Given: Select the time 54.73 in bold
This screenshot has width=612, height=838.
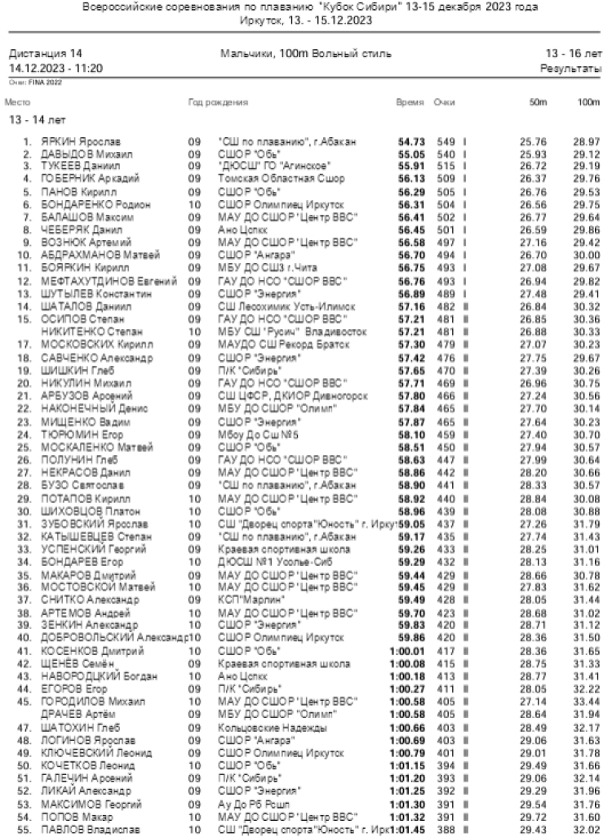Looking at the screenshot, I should pos(411,142).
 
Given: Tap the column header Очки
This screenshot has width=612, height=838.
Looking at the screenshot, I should pos(444,102).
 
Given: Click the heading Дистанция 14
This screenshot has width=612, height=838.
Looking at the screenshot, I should pos(46,53).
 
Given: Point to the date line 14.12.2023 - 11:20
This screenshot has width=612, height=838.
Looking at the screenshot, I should pos(55,68).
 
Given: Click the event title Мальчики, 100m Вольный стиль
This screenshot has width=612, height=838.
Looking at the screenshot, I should pos(305,53).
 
